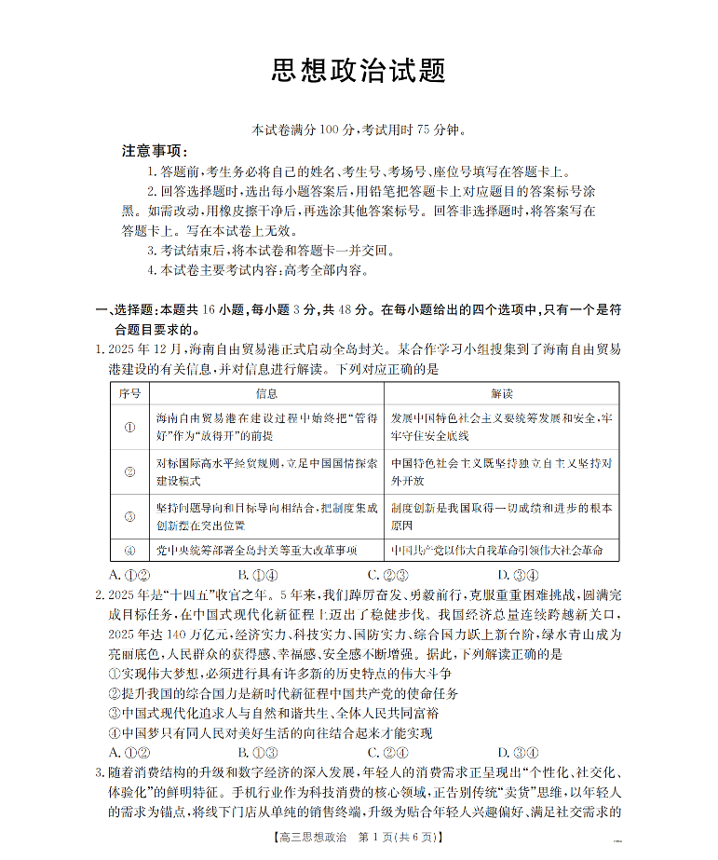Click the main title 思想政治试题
click(359, 71)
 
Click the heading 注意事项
click(155, 151)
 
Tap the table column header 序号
click(129, 393)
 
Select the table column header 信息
click(266, 393)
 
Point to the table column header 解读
click(501, 393)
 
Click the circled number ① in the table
click(129, 427)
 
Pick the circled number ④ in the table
click(129, 550)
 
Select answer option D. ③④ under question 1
click(518, 574)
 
